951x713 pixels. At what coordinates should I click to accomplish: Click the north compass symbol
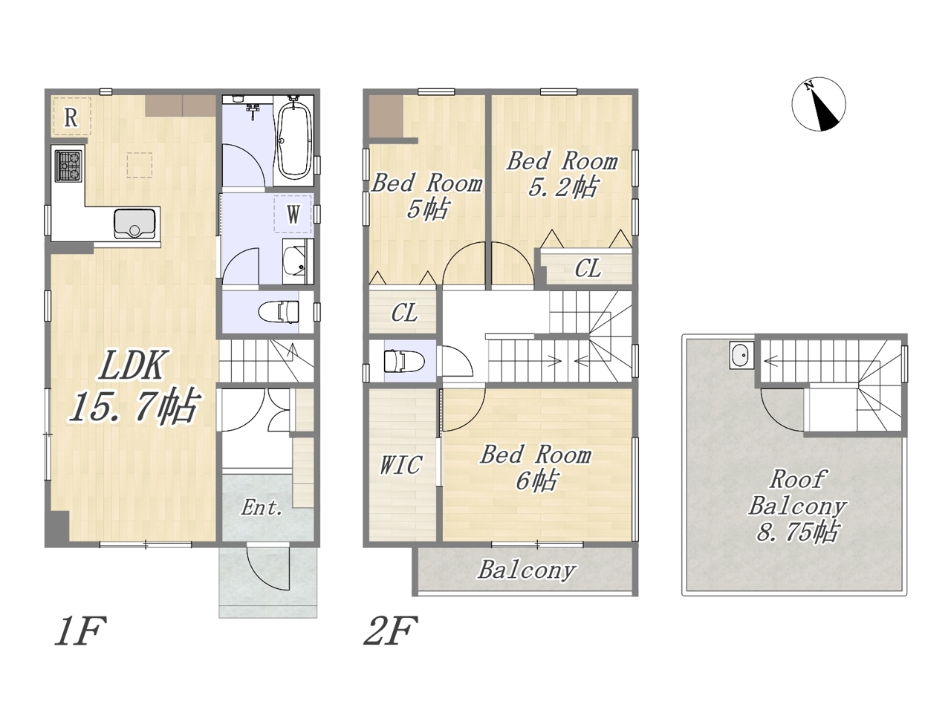point(819,104)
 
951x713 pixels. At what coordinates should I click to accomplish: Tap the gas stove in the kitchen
point(68,166)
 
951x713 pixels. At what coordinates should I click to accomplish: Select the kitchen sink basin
point(134,224)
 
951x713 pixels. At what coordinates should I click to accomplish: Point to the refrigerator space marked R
point(72,117)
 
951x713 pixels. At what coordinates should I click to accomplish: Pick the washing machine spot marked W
point(293,214)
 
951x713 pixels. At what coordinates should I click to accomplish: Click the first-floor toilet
point(278,312)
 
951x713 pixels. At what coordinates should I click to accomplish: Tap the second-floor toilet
point(403,361)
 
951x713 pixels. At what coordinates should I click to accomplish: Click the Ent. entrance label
point(262,508)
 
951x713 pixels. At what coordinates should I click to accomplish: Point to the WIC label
point(400,465)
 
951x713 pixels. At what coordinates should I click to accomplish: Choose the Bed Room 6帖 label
point(536,468)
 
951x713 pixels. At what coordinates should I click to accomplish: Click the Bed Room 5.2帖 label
point(562,174)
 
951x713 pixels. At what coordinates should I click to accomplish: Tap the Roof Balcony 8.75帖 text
point(797,506)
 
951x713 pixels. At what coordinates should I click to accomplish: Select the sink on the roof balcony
point(741,355)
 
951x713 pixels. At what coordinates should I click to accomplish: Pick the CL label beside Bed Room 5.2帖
point(588,268)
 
